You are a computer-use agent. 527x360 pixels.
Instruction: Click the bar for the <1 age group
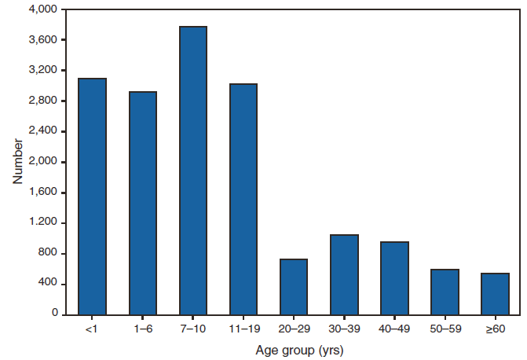click(93, 197)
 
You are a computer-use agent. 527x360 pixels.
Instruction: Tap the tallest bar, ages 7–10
click(193, 171)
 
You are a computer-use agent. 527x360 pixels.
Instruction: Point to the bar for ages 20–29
click(294, 286)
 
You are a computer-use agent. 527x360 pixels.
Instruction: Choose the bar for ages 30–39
click(344, 274)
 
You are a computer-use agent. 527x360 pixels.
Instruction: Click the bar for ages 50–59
click(445, 292)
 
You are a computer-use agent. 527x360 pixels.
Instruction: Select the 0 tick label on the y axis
click(54, 314)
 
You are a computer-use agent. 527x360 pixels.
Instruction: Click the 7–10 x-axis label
click(193, 328)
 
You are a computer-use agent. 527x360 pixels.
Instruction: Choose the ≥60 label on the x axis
click(495, 328)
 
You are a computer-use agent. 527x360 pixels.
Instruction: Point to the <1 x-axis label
click(93, 328)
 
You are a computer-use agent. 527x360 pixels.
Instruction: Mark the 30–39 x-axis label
click(344, 328)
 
